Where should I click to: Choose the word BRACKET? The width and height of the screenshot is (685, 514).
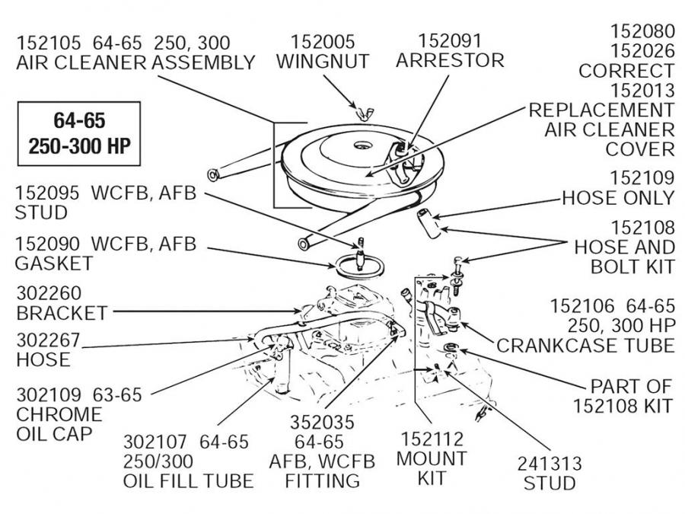coord(62,313)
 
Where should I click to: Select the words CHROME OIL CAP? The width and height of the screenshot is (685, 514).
coord(59,424)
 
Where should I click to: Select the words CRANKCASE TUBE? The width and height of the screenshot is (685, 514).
coord(585,345)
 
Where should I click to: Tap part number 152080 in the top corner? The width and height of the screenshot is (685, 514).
coord(643,32)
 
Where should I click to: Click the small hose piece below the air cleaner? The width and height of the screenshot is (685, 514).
coord(429,222)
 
